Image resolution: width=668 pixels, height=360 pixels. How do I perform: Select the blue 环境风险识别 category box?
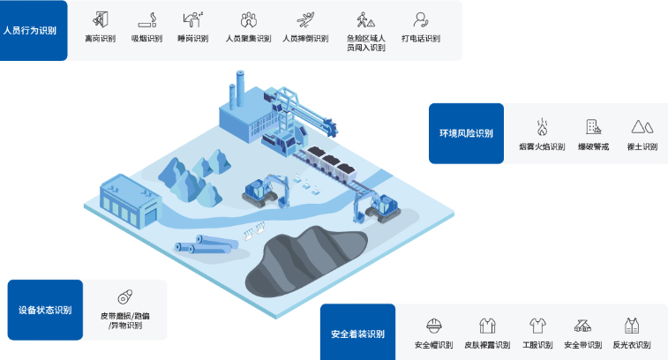(466, 133)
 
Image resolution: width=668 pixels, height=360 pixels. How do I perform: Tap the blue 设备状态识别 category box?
(45, 310)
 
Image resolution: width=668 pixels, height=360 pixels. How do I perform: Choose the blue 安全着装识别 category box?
(357, 334)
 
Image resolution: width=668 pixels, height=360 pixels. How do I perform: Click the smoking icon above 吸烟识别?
(146, 18)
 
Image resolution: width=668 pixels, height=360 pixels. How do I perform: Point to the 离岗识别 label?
(100, 39)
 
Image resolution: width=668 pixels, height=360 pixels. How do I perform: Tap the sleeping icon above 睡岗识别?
(192, 18)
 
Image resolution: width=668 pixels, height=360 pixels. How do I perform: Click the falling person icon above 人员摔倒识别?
(304, 18)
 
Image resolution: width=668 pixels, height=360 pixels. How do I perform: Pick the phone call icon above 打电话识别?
(420, 18)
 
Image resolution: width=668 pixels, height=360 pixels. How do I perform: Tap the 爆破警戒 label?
(593, 146)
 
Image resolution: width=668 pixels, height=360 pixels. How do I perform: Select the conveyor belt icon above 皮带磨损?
(124, 296)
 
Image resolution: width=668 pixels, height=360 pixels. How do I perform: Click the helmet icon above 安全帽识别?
(433, 326)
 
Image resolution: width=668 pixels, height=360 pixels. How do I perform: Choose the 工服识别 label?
(537, 345)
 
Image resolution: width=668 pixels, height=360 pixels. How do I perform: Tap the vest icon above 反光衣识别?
(631, 326)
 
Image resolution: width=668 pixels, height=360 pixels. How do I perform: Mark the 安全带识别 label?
(582, 345)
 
